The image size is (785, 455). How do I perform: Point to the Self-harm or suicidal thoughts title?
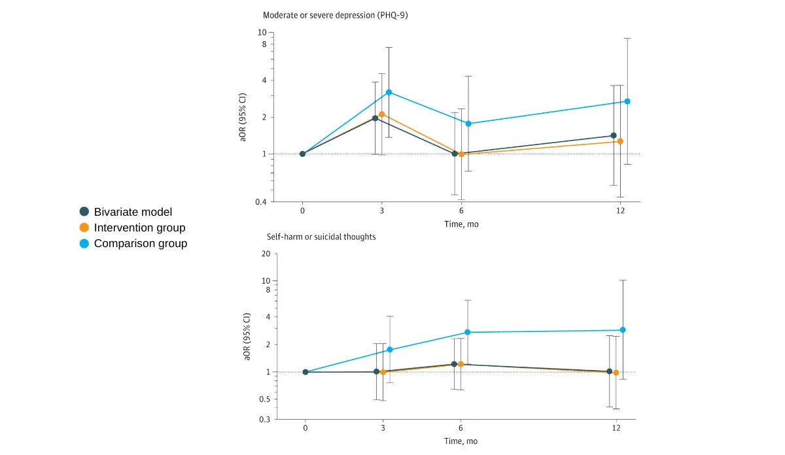tap(321, 237)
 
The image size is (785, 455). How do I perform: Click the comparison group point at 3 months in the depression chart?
tap(389, 92)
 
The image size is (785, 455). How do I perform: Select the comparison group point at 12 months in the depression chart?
tap(627, 101)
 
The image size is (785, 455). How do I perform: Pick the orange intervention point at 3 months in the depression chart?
tap(382, 114)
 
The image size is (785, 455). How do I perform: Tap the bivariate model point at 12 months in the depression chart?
tap(614, 135)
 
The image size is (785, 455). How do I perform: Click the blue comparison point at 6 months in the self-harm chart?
tap(468, 332)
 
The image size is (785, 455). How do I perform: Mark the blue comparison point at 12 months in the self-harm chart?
tap(623, 329)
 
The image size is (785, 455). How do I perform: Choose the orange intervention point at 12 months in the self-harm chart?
tap(616, 373)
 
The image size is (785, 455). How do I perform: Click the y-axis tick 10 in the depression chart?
tap(262, 33)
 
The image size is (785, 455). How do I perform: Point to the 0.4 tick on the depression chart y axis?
tap(260, 202)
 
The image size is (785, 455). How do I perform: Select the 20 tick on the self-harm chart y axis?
tap(266, 254)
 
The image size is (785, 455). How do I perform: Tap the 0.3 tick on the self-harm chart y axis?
tap(264, 419)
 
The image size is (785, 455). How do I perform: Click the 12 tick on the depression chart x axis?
tap(620, 211)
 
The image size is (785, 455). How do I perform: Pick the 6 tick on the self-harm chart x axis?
tap(461, 428)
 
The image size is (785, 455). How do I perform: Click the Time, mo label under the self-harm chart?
tap(461, 441)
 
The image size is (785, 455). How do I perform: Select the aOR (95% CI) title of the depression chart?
tap(242, 117)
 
